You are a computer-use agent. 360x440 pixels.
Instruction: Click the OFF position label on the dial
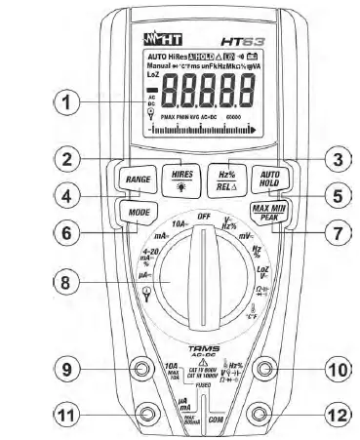(203, 215)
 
